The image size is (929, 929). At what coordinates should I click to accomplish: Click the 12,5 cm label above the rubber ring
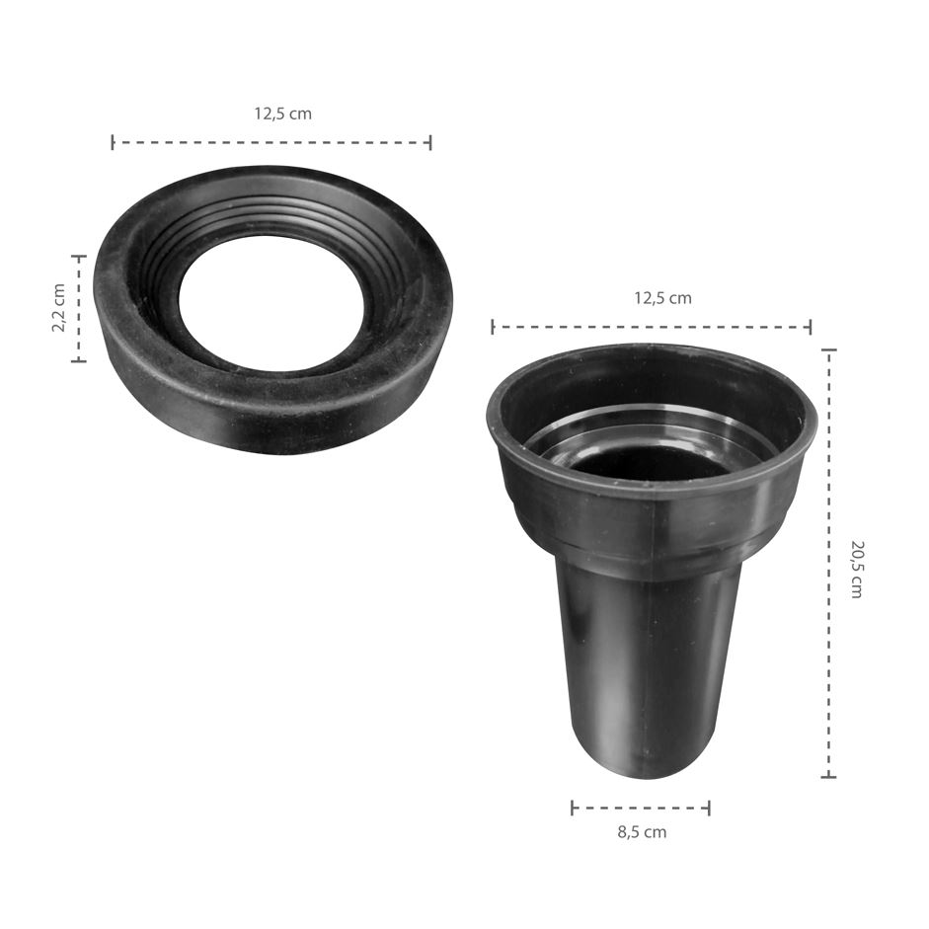(282, 114)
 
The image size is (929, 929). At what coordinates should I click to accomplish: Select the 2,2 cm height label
(58, 307)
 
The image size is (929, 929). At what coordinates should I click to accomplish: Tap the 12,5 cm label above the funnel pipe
(663, 297)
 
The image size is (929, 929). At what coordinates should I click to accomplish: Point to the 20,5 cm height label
(856, 570)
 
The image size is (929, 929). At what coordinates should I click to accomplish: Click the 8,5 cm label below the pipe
(643, 832)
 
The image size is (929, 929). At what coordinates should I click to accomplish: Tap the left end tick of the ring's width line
(113, 142)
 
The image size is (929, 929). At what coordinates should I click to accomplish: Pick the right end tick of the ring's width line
(430, 142)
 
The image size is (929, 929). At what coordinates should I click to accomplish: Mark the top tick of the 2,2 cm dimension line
(79, 257)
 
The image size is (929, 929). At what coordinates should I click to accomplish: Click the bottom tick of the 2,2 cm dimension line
(79, 359)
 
